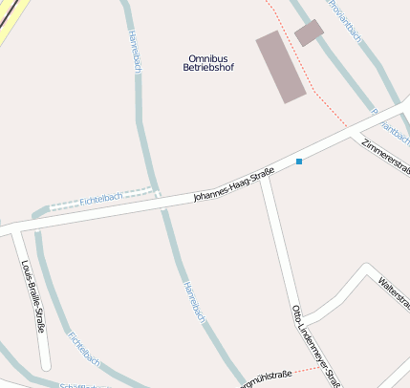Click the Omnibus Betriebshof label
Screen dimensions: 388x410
[x=210, y=62]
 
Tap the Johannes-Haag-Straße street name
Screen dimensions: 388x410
[x=233, y=184]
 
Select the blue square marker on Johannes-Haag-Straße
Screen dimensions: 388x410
[x=299, y=161]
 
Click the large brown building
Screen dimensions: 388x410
[x=281, y=66]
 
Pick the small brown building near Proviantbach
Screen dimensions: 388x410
[x=309, y=32]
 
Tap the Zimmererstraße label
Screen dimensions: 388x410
[x=387, y=157]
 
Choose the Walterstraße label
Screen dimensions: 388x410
[x=394, y=292]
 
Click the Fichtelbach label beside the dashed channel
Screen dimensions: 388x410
[x=101, y=197]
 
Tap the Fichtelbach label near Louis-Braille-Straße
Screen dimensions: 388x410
[x=84, y=348]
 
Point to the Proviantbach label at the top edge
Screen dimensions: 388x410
[x=345, y=20]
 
